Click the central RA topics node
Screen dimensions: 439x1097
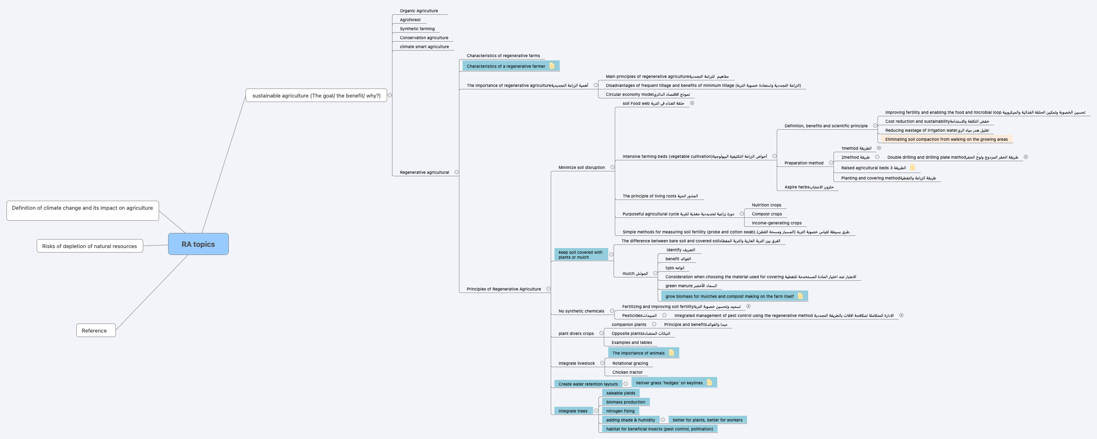pyautogui.click(x=198, y=244)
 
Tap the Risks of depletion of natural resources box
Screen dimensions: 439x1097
pyautogui.click(x=89, y=246)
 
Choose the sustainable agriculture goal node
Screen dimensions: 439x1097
pyautogui.click(x=316, y=95)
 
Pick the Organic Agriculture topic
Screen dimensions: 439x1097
pyautogui.click(x=419, y=11)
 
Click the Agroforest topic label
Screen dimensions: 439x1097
pyautogui.click(x=410, y=20)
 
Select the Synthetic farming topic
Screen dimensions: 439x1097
pyautogui.click(x=417, y=29)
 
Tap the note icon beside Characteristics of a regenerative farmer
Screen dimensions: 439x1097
pyautogui.click(x=552, y=66)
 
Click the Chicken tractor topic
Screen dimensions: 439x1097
pyautogui.click(x=627, y=372)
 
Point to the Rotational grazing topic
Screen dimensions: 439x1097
pyautogui.click(x=630, y=363)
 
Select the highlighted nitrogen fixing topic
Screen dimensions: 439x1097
pyautogui.click(x=620, y=411)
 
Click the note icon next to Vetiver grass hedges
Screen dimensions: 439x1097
pyautogui.click(x=709, y=382)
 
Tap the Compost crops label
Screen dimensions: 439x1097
pyautogui.click(x=767, y=214)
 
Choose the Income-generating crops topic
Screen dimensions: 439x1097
pyautogui.click(x=776, y=223)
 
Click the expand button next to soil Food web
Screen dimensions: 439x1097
pyautogui.click(x=692, y=103)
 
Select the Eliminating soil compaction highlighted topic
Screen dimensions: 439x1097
pyautogui.click(x=946, y=139)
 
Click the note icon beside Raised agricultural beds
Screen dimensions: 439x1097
pyautogui.click(x=913, y=167)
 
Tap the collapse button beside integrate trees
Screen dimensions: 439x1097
pyautogui.click(x=596, y=411)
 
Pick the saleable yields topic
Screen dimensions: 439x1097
pyautogui.click(x=621, y=393)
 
